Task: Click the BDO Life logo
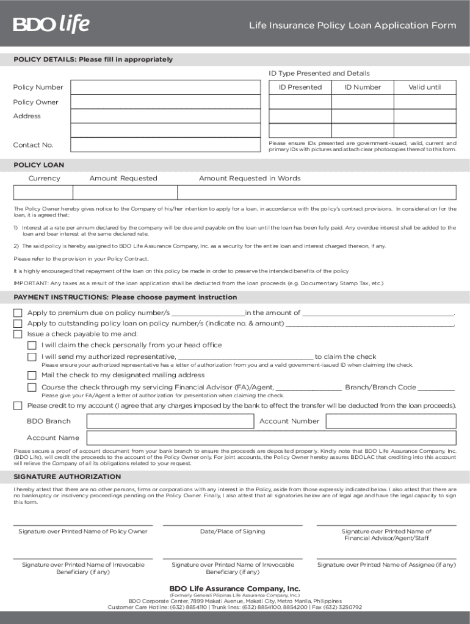pyautogui.click(x=51, y=24)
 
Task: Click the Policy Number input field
pyautogui.click(x=165, y=87)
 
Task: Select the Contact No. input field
pyautogui.click(x=165, y=145)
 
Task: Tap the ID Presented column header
pyautogui.click(x=300, y=87)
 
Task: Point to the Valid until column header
pyautogui.click(x=424, y=87)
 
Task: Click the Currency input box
pyautogui.click(x=45, y=193)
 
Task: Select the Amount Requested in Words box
pyautogui.click(x=316, y=193)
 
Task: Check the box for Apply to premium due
pyautogui.click(x=18, y=313)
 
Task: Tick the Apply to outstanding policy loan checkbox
pyautogui.click(x=18, y=323)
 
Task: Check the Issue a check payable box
pyautogui.click(x=18, y=334)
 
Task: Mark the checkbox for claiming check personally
pyautogui.click(x=32, y=345)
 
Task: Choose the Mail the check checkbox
pyautogui.click(x=32, y=375)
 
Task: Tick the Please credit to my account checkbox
pyautogui.click(x=18, y=406)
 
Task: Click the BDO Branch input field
pyautogui.click(x=170, y=421)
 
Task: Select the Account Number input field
pyautogui.click(x=390, y=421)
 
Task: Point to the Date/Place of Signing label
pyautogui.click(x=232, y=531)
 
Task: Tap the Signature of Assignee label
pyautogui.click(x=386, y=565)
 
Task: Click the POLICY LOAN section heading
pyautogui.click(x=38, y=165)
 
